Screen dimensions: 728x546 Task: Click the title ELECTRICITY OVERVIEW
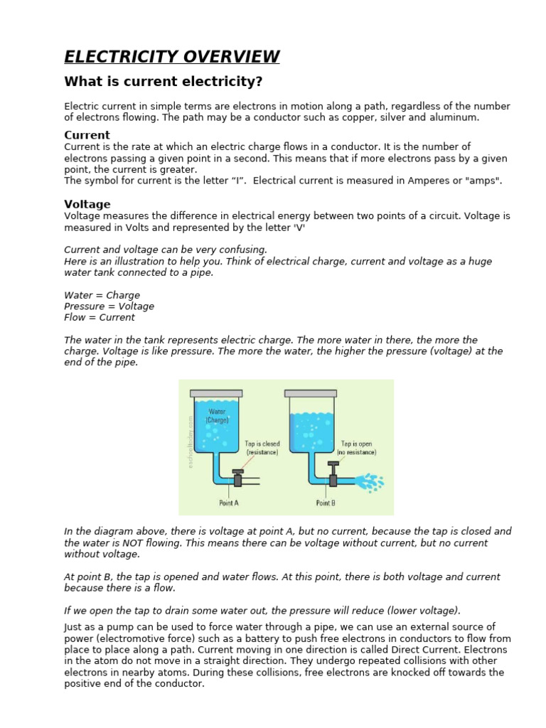click(171, 57)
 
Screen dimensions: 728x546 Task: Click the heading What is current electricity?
click(164, 82)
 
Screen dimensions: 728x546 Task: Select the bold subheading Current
click(87, 135)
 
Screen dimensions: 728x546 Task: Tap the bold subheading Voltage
click(87, 204)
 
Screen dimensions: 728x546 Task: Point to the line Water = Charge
click(102, 295)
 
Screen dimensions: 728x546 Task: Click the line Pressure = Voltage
click(109, 306)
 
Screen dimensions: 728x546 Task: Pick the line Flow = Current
click(100, 318)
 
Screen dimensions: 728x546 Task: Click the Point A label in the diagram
click(229, 503)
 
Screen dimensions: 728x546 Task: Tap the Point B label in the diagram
click(326, 503)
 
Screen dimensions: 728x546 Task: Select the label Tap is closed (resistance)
click(262, 448)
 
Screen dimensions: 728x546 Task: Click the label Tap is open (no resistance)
click(356, 448)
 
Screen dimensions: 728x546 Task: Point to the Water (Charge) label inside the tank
click(217, 416)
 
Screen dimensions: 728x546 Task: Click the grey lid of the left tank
click(216, 393)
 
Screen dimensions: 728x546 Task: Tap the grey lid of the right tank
click(311, 393)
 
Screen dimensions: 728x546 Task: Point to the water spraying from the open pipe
click(369, 483)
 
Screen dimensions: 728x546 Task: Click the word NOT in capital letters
click(138, 543)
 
